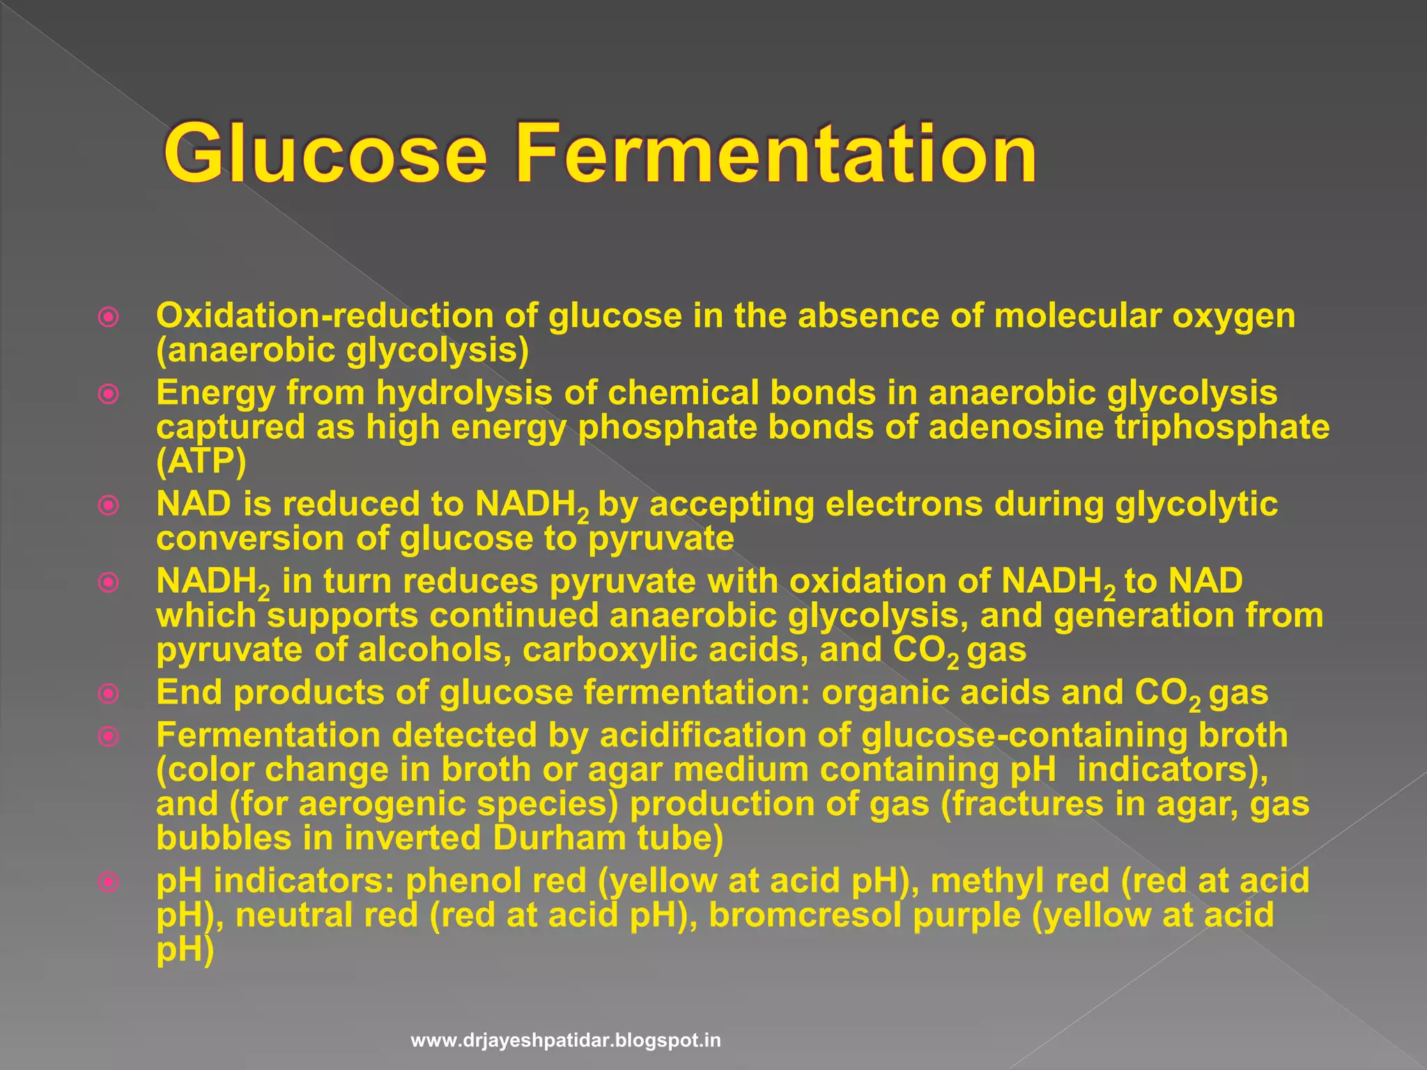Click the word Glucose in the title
pyautogui.click(x=325, y=153)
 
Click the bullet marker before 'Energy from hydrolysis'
pyautogui.click(x=109, y=395)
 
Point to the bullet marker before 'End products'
pyautogui.click(x=109, y=694)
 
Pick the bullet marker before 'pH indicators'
pyautogui.click(x=109, y=883)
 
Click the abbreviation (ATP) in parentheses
pyautogui.click(x=201, y=461)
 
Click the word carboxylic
pyautogui.click(x=665, y=650)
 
